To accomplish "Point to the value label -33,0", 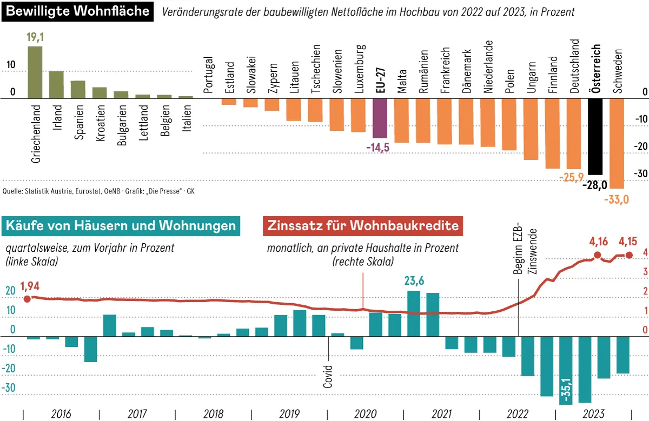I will pyautogui.click(x=617, y=200).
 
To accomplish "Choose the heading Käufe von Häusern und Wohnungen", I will pyautogui.click(x=120, y=225).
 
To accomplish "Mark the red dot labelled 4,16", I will pyautogui.click(x=597, y=255).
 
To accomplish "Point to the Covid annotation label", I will pyautogui.click(x=328, y=377).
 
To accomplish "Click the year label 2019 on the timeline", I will pyautogui.click(x=290, y=415).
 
